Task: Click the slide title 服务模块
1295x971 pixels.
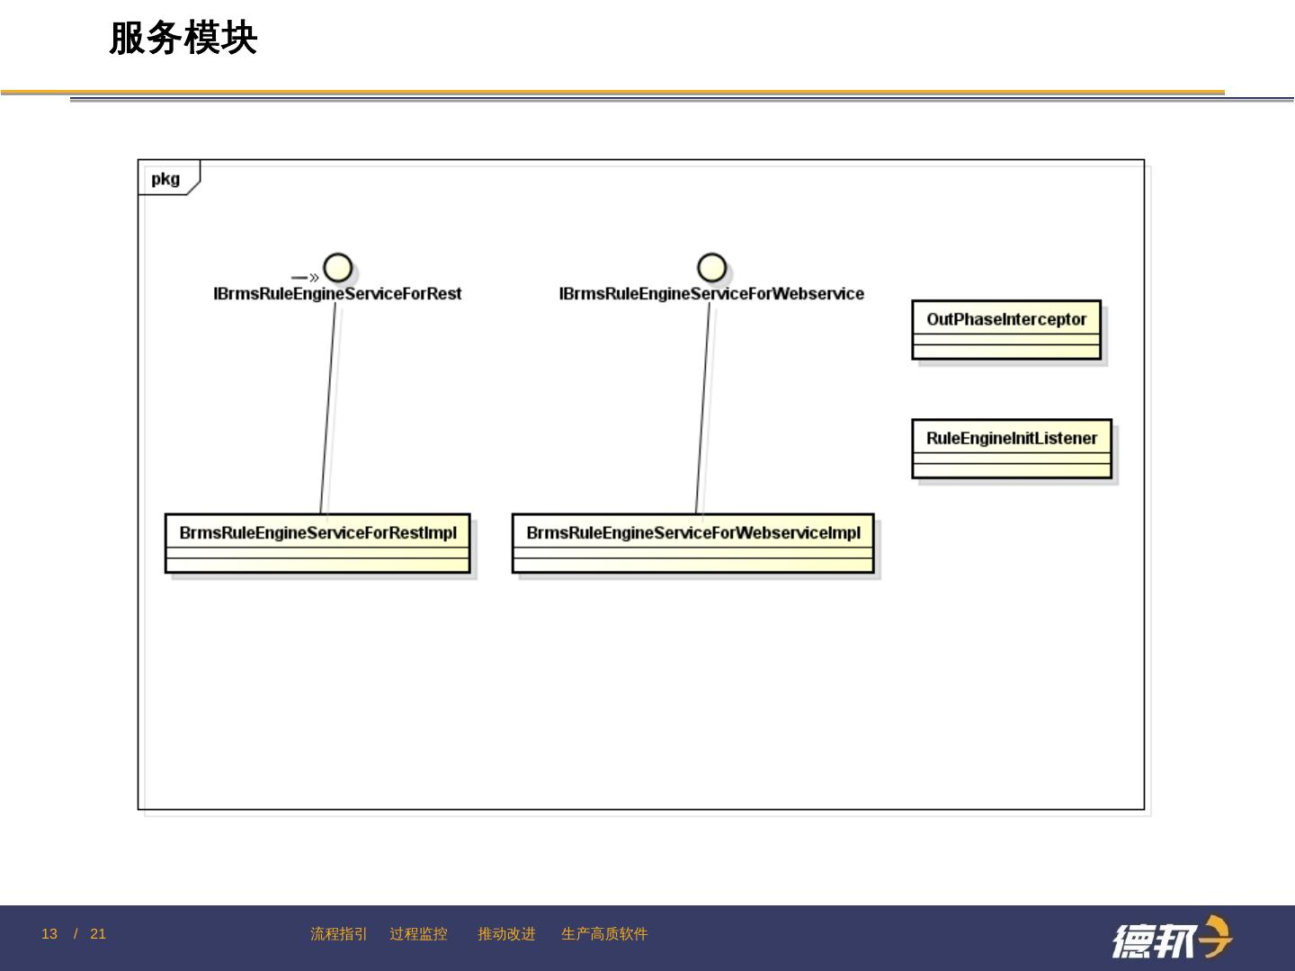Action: coord(183,39)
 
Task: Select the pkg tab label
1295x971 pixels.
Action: coord(165,179)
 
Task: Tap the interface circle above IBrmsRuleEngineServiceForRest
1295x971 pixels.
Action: coord(337,268)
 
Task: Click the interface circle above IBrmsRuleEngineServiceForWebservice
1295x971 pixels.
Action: coord(711,268)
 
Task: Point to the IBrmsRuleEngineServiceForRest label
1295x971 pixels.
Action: coord(337,294)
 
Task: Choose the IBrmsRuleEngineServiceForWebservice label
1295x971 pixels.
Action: coord(711,294)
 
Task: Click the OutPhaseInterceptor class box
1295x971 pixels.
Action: coord(1006,329)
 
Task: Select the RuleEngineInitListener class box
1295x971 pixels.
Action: coord(1012,448)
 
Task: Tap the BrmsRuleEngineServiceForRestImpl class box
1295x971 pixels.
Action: coord(317,543)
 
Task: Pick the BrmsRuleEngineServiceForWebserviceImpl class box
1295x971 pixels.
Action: coord(692,543)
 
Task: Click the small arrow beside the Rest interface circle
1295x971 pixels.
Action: coord(305,278)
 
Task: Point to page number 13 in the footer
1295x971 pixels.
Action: coord(49,934)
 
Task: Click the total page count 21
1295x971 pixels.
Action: coord(98,934)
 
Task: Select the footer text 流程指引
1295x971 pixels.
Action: coord(339,934)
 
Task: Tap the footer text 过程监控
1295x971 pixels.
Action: coord(418,934)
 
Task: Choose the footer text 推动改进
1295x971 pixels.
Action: coord(506,934)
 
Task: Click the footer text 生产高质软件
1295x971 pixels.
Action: coord(604,934)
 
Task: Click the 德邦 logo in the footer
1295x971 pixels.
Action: coord(1172,939)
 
